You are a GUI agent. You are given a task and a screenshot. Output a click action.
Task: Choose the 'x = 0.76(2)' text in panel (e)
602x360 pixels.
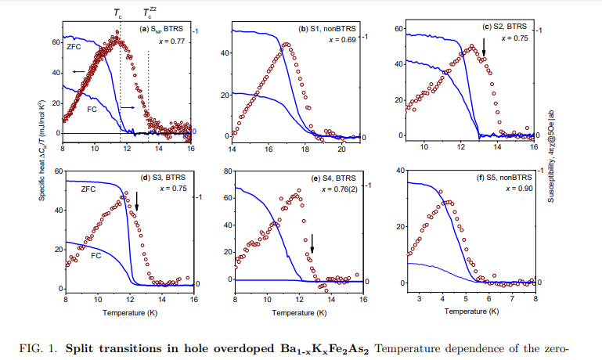tap(333, 188)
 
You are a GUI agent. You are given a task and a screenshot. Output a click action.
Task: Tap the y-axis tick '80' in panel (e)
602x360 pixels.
tap(228, 171)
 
